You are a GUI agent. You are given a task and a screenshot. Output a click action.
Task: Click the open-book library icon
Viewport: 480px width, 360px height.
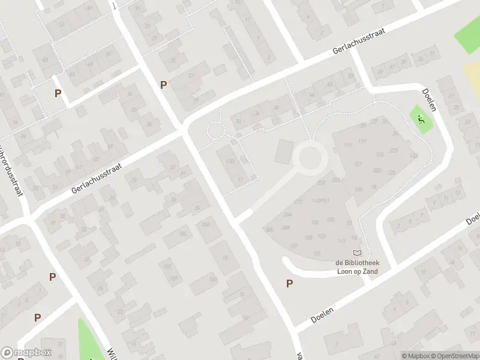358,254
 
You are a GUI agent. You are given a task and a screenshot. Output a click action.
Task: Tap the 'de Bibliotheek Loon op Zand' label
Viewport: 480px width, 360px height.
357,267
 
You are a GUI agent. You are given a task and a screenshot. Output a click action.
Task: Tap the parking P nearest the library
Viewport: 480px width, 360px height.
290,284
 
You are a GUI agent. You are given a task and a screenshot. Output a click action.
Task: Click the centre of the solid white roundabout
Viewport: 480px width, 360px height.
310,158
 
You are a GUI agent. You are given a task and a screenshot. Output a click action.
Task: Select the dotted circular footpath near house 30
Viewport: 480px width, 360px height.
215,130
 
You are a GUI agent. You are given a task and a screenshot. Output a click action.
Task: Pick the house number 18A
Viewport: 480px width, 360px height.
206,224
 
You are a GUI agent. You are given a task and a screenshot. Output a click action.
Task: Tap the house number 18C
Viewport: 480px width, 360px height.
183,234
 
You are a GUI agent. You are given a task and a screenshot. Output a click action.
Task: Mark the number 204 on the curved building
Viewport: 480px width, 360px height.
287,214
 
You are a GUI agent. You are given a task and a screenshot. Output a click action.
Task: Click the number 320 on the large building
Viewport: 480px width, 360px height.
377,170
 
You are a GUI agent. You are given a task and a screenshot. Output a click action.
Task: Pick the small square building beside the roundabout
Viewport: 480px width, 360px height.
283,151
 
